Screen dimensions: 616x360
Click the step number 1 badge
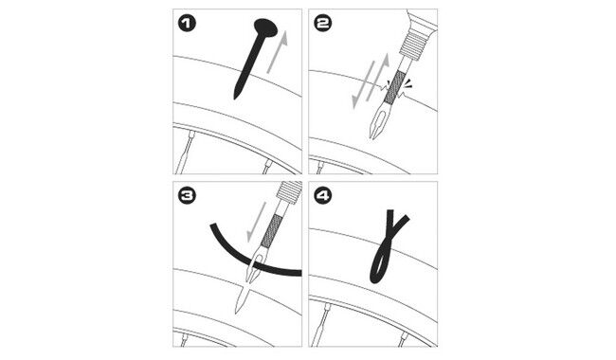click(187, 23)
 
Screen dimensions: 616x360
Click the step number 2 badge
click(323, 23)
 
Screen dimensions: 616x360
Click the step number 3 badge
click(187, 195)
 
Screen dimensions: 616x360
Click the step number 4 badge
click(323, 195)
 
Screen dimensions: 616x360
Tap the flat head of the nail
click(266, 27)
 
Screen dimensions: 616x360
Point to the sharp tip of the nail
click(235, 98)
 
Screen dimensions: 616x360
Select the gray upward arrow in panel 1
click(278, 52)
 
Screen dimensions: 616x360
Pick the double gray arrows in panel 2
click(371, 81)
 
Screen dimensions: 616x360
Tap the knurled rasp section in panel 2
click(394, 87)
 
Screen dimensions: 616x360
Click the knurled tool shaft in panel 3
click(271, 231)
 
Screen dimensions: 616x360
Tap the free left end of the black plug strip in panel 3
click(213, 225)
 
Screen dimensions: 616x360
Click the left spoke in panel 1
click(185, 153)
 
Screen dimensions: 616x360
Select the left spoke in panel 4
click(319, 325)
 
